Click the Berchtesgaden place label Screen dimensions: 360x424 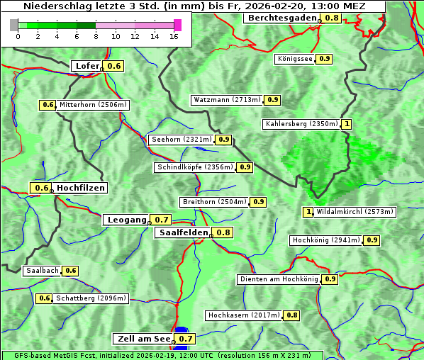[x=282, y=18]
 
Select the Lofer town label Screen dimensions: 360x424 [x=87, y=66]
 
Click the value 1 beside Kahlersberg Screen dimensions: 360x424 [x=347, y=124]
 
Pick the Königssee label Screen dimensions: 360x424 [x=295, y=59]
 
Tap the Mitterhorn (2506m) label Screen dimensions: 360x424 [x=93, y=105]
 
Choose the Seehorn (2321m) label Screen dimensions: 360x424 [x=182, y=140]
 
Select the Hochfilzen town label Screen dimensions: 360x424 [x=81, y=188]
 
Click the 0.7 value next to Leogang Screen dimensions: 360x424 [x=162, y=220]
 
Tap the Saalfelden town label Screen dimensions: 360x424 [x=183, y=232]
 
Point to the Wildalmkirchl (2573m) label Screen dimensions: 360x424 [x=355, y=211]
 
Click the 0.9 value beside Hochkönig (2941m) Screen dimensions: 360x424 [x=372, y=240]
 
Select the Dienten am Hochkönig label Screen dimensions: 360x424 [x=279, y=279]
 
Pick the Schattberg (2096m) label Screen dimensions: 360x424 [x=91, y=298]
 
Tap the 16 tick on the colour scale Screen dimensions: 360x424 [x=174, y=36]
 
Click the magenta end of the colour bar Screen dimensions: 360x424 [x=177, y=26]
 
